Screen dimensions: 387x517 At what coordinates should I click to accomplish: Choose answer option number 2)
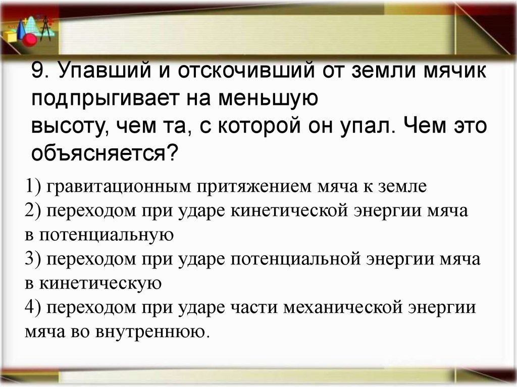point(34,211)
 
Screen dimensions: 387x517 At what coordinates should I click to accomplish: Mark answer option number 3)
point(34,260)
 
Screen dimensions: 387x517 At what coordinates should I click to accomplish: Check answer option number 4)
point(34,308)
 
